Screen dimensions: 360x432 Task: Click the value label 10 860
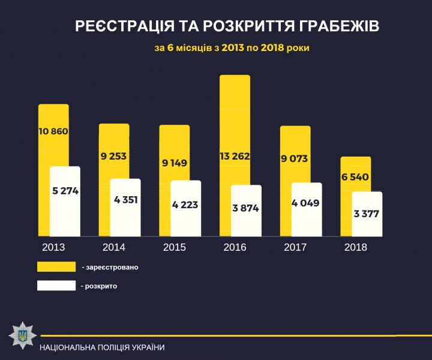click(x=53, y=131)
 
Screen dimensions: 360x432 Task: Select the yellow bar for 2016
click(x=235, y=120)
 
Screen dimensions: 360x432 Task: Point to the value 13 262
click(x=235, y=157)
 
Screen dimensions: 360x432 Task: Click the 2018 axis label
click(x=355, y=247)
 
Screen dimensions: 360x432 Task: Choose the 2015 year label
click(x=174, y=247)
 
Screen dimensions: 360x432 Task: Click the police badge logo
click(x=22, y=335)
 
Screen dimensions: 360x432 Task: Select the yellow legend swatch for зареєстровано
click(x=56, y=266)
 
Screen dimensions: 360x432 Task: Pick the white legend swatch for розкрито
click(x=56, y=286)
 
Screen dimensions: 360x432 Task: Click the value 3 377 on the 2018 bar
click(x=366, y=214)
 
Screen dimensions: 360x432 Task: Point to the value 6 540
click(x=355, y=178)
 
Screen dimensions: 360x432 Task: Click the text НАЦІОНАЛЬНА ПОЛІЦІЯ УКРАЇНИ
click(x=102, y=347)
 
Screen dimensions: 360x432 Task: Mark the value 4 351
click(x=125, y=199)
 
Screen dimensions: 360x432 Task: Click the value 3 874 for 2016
click(x=246, y=208)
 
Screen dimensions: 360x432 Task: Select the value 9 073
click(x=295, y=159)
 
